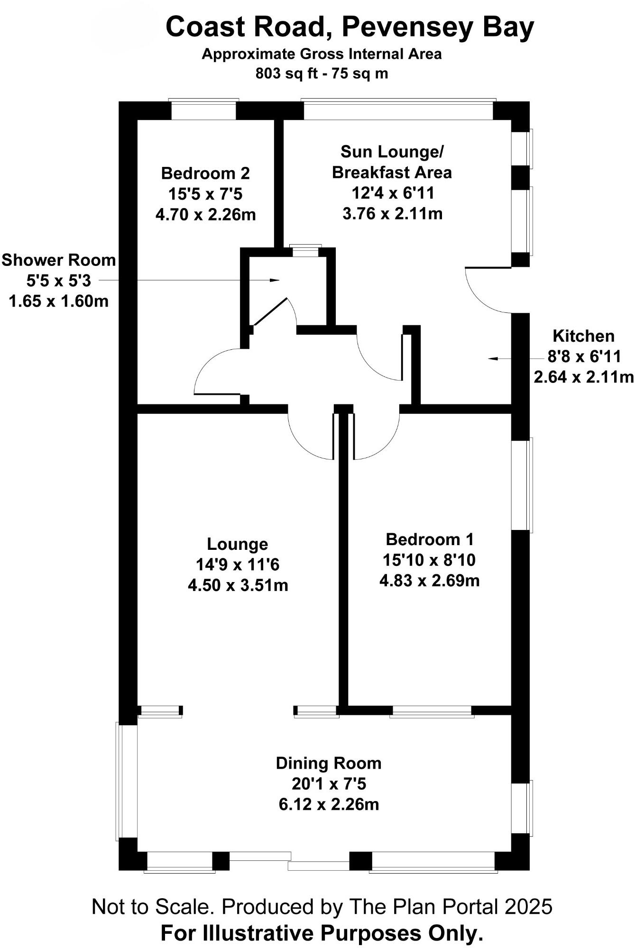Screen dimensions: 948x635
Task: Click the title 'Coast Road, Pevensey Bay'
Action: (x=350, y=27)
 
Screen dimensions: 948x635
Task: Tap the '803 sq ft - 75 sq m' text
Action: (x=322, y=74)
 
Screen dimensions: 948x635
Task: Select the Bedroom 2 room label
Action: (x=205, y=173)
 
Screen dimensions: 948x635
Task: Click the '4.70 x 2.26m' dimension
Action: (x=205, y=215)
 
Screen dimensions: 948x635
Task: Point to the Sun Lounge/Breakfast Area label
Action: (x=392, y=162)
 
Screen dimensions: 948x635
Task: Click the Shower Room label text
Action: (x=59, y=260)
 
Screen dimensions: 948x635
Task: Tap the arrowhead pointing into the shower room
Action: (x=275, y=280)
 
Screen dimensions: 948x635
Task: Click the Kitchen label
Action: (x=583, y=336)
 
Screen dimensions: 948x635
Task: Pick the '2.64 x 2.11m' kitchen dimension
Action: (x=583, y=377)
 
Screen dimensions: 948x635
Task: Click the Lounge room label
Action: (x=238, y=544)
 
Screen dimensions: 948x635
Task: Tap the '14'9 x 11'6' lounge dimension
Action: (x=238, y=565)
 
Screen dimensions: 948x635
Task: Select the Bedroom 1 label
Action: (x=430, y=539)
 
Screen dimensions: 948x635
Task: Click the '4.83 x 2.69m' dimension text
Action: (x=430, y=581)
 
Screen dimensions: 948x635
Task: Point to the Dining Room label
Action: (x=329, y=764)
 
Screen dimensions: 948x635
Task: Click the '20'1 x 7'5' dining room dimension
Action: (x=329, y=784)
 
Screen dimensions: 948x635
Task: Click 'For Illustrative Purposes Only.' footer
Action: (x=322, y=933)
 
